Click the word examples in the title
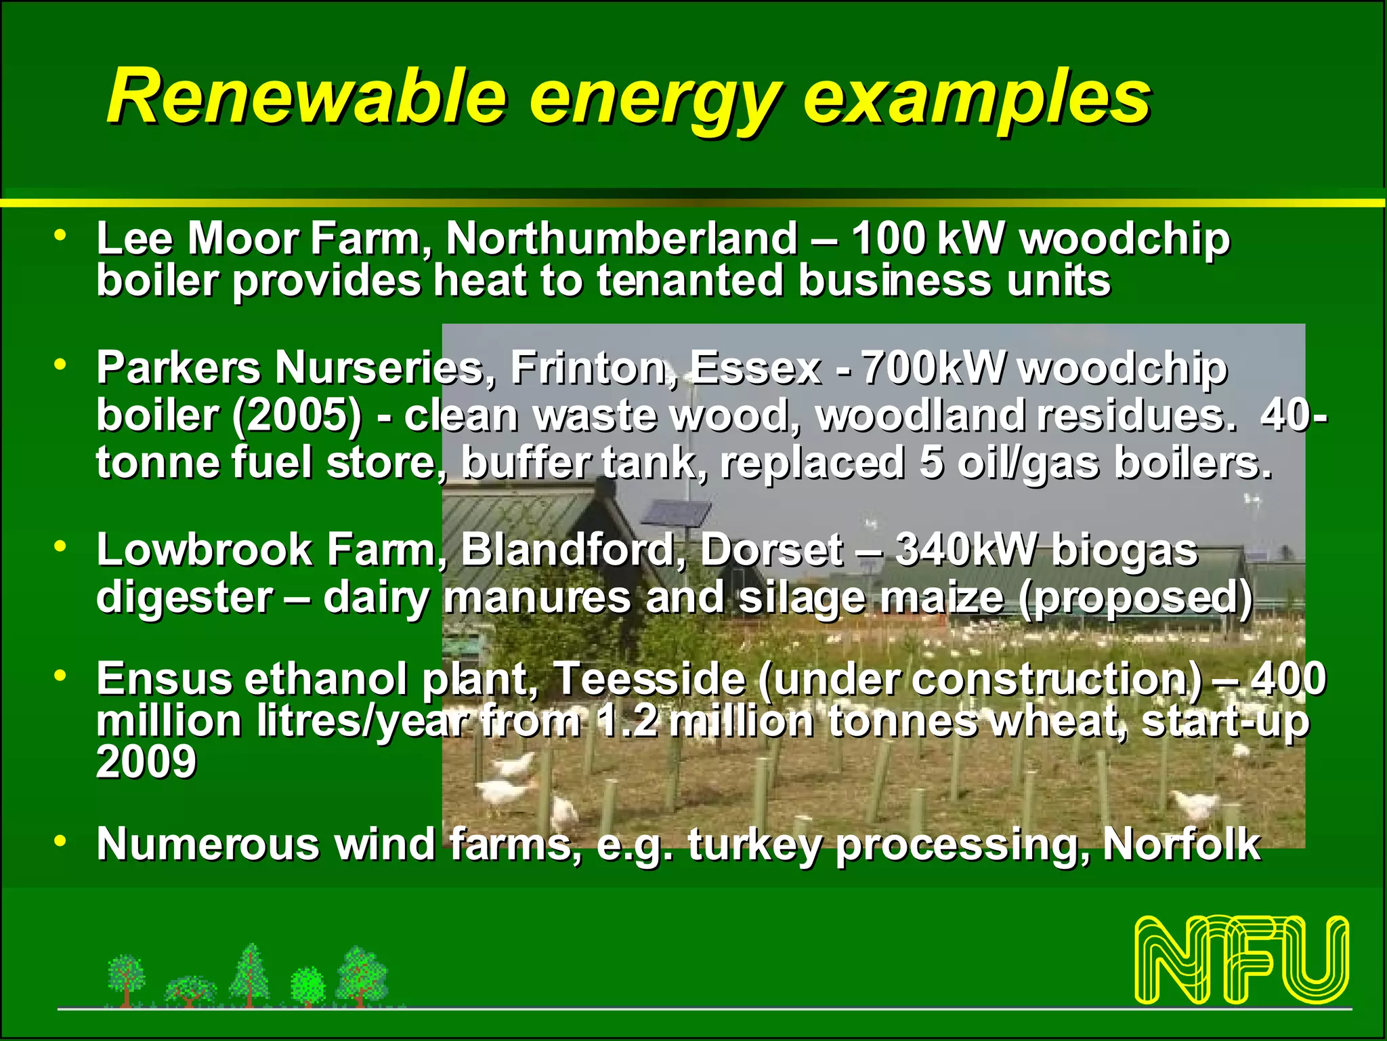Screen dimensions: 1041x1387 976,100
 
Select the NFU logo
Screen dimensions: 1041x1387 1241,960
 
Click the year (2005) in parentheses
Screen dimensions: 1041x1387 297,415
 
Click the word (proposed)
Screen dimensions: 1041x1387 1136,598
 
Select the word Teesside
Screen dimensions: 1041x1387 649,678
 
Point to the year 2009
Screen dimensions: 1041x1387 146,762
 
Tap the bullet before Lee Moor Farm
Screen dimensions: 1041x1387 61,235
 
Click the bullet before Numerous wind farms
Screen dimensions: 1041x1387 61,841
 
